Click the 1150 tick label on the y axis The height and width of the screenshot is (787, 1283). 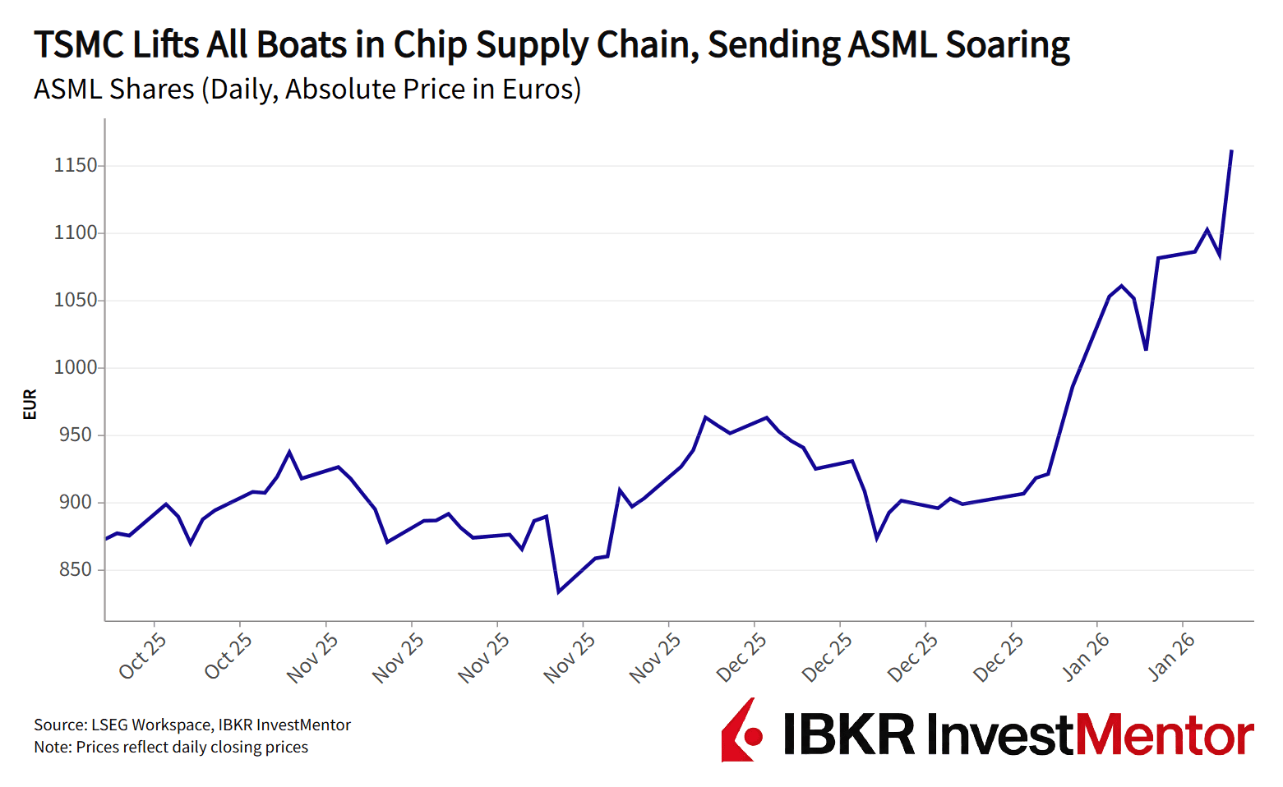pyautogui.click(x=76, y=166)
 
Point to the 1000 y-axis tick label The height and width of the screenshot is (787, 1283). pyautogui.click(x=76, y=368)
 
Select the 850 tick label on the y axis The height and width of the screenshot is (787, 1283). pyautogui.click(x=76, y=570)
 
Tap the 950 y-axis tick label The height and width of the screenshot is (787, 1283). pyautogui.click(x=76, y=435)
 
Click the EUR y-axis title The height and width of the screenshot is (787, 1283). pyautogui.click(x=30, y=404)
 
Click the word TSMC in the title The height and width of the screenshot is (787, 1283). pyautogui.click(x=78, y=45)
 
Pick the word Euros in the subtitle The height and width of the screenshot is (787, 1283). pyautogui.click(x=538, y=89)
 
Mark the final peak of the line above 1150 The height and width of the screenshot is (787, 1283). pyautogui.click(x=1231, y=151)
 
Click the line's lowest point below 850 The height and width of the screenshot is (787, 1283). pyautogui.click(x=559, y=591)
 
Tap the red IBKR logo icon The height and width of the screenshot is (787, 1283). pyautogui.click(x=741, y=730)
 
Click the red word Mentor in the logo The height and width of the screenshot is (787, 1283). pyautogui.click(x=1165, y=734)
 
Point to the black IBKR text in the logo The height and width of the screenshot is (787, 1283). pyautogui.click(x=849, y=734)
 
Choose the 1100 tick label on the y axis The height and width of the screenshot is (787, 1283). pyautogui.click(x=76, y=233)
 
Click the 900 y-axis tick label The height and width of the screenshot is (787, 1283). pyautogui.click(x=76, y=503)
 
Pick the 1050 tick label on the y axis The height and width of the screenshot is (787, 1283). pyautogui.click(x=76, y=301)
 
